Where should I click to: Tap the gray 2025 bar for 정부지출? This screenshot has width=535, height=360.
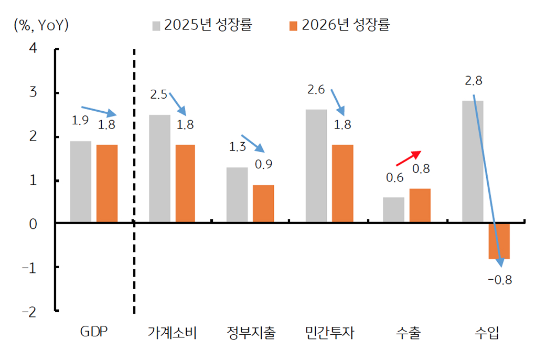237,195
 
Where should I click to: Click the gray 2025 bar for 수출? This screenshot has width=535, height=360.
393,209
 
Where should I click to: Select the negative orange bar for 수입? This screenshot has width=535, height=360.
499,241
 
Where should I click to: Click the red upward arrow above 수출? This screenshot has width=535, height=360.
408,158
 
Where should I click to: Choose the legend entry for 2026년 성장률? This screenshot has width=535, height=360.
339,25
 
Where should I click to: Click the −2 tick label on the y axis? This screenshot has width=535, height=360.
29,311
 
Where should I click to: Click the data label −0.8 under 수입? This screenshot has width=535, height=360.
499,280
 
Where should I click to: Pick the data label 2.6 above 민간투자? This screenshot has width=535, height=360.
315,90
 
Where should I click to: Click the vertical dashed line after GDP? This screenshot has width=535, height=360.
134,184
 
